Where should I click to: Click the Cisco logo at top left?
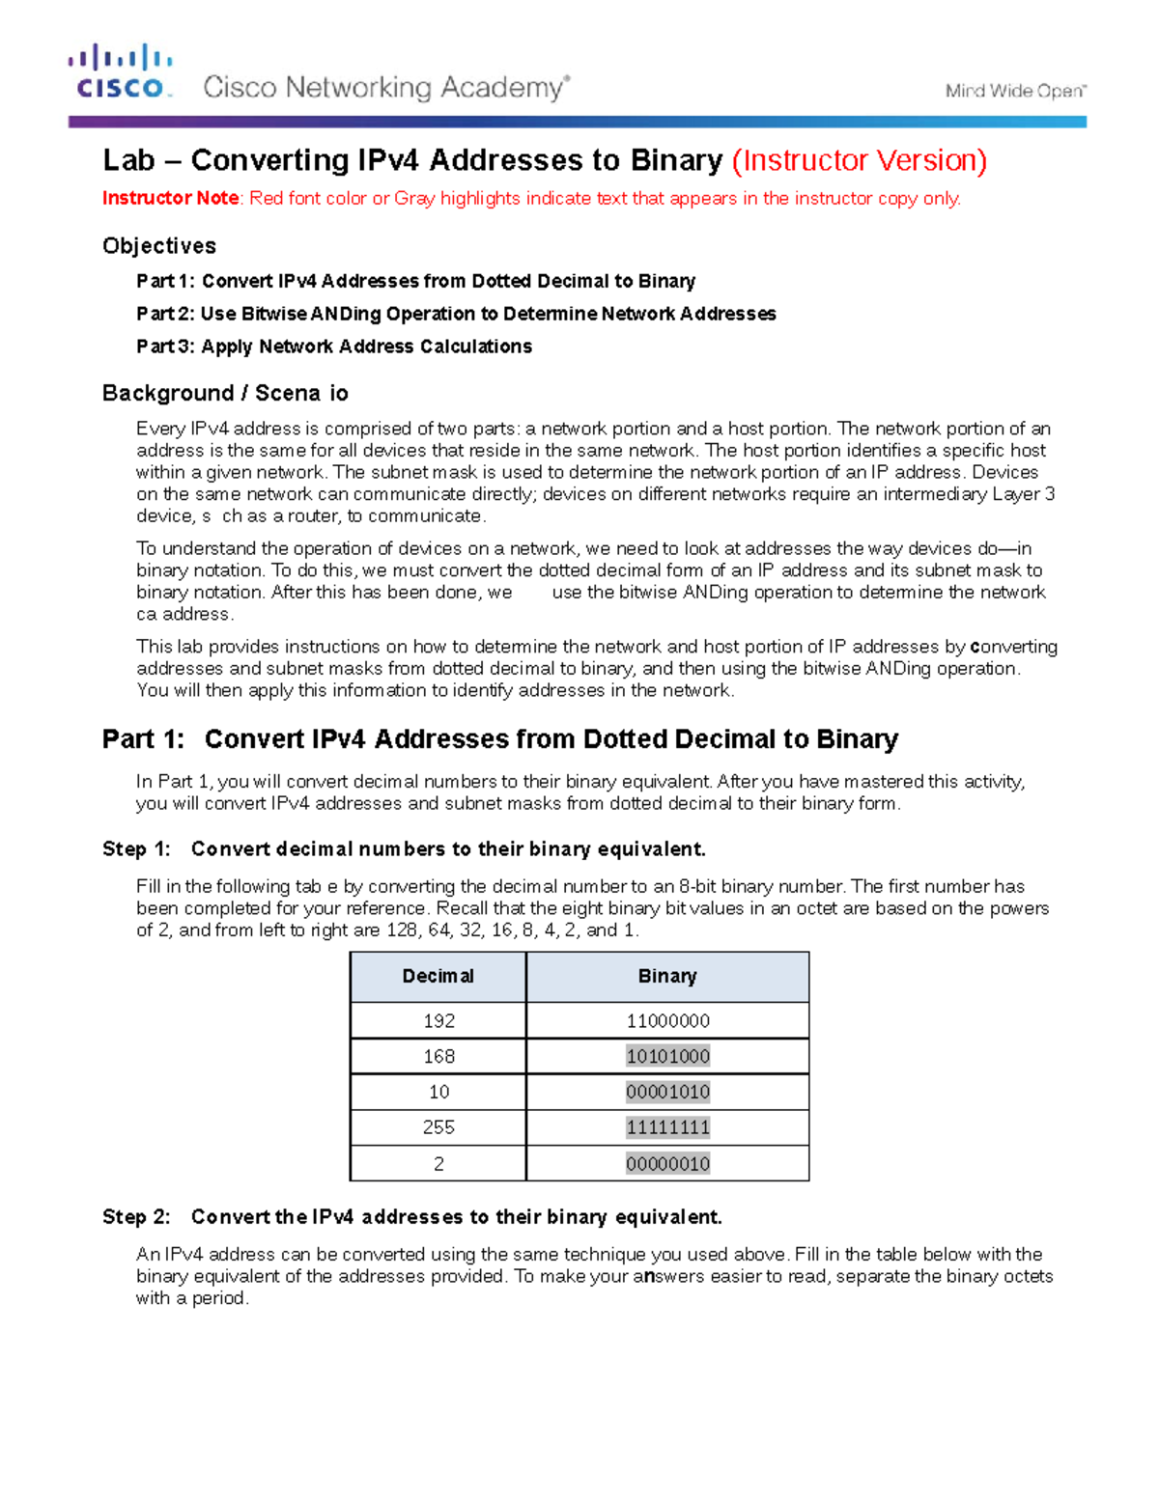click(120, 72)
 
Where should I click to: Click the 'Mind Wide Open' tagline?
click(1015, 91)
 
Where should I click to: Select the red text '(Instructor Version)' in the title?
click(859, 160)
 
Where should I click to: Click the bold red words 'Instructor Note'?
click(171, 198)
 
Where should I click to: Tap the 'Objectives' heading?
click(159, 246)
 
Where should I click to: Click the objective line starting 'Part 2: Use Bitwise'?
click(456, 314)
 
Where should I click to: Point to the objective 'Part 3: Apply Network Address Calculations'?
click(334, 347)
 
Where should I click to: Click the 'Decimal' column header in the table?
click(438, 977)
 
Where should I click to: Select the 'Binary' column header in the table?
click(667, 977)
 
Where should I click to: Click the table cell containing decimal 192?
click(438, 1020)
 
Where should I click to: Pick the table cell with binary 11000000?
click(667, 1020)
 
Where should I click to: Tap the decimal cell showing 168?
click(438, 1056)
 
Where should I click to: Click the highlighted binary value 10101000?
click(667, 1056)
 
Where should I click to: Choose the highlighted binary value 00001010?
click(667, 1092)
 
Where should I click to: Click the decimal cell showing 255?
click(438, 1127)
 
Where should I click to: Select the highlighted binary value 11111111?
click(667, 1127)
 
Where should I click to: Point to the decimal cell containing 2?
click(438, 1164)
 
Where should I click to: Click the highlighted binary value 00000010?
click(667, 1164)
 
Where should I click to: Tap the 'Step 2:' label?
click(136, 1217)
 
